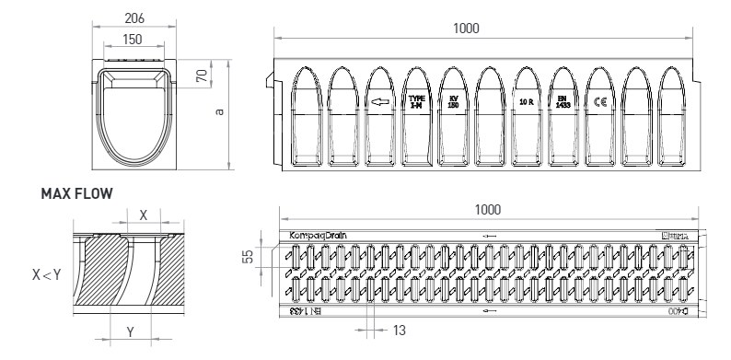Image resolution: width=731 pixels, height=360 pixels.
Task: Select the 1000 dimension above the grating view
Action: (487, 211)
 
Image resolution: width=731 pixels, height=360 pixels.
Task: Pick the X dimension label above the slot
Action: (142, 213)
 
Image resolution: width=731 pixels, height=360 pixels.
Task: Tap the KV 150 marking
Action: (453, 101)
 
